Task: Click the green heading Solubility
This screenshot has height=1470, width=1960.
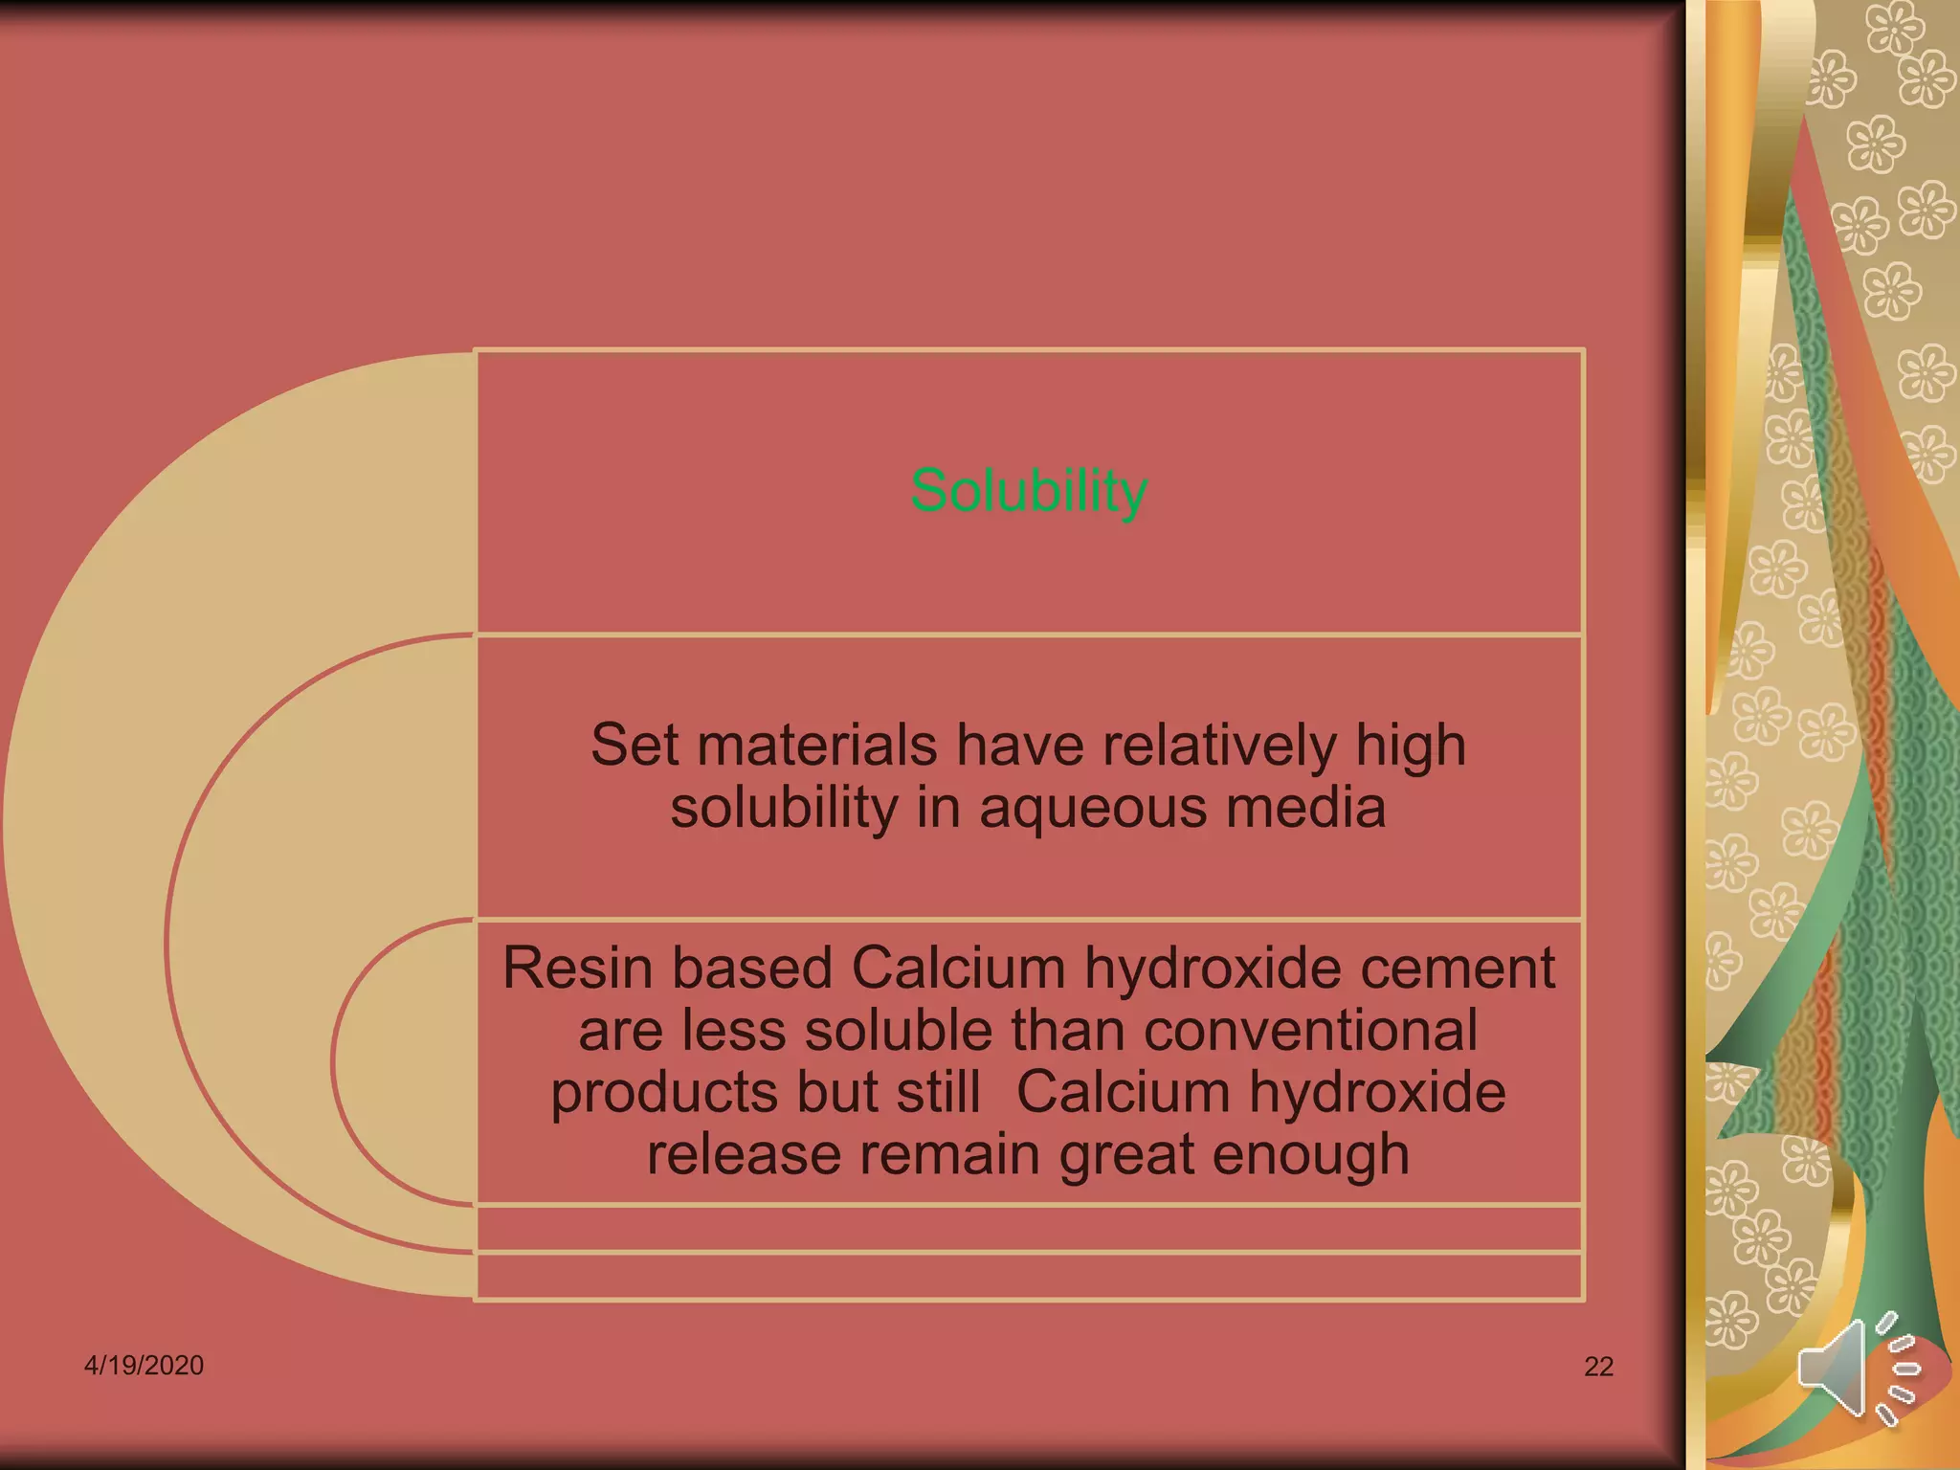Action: (1029, 492)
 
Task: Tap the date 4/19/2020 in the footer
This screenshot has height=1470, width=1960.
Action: (144, 1365)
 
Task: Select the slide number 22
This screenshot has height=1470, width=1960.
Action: (1598, 1367)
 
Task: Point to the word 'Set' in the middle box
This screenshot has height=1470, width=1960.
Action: (635, 746)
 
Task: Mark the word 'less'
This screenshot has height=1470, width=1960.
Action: (734, 1031)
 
